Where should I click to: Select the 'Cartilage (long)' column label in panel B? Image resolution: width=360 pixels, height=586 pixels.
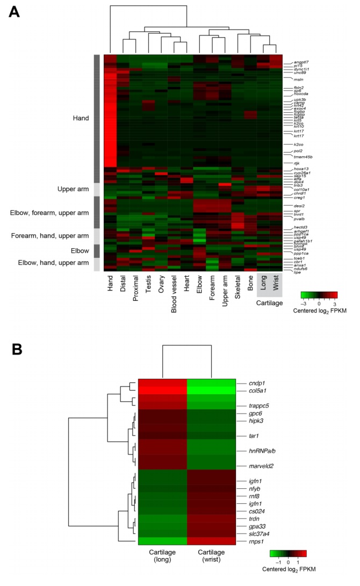click(162, 568)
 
